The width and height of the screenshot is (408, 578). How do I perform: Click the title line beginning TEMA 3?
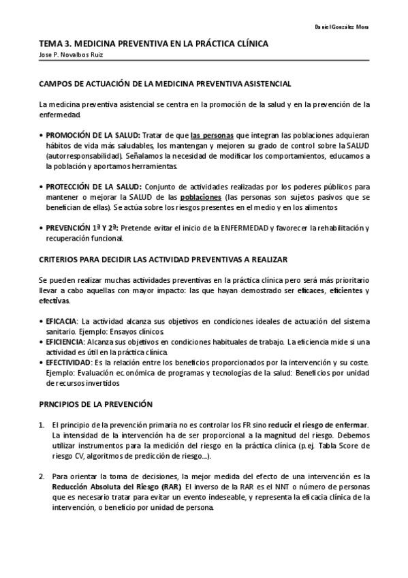point(153,44)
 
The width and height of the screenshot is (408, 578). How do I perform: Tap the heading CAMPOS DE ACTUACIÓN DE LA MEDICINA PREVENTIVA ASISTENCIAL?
point(166,83)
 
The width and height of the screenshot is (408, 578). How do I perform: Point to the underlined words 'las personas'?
point(211,135)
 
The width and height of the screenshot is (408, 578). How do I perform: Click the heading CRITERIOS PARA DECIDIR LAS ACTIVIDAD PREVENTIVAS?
point(163,260)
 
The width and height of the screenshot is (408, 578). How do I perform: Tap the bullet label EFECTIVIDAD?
point(68,362)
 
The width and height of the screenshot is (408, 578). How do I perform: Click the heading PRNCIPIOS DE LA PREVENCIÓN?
point(95,404)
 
